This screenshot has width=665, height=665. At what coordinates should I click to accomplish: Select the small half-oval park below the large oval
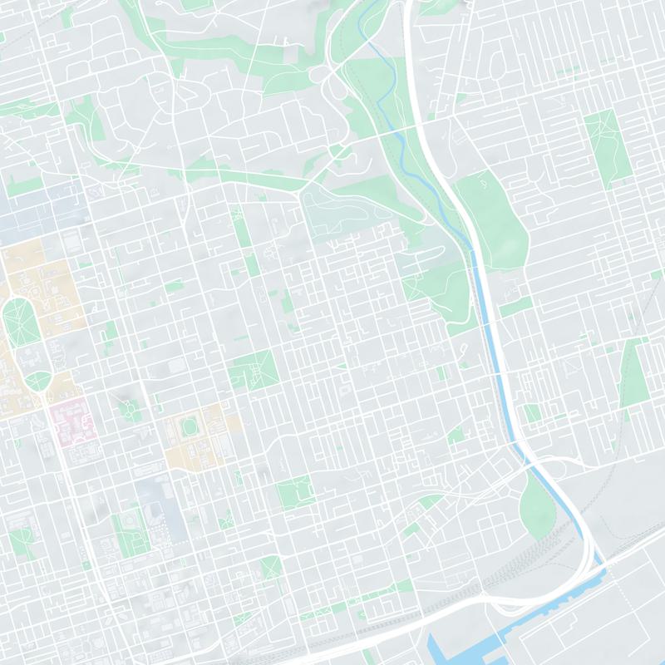pyautogui.click(x=37, y=382)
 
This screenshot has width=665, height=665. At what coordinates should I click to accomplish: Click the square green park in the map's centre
pyautogui.click(x=252, y=370)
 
